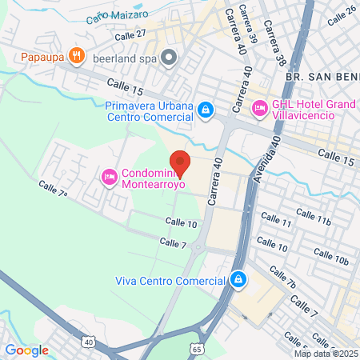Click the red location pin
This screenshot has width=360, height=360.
pos(180,163)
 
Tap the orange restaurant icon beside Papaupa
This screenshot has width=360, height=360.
pos(77,55)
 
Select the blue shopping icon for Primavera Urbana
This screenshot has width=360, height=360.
pos(206,108)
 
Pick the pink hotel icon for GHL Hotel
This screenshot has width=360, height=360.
pos(259,107)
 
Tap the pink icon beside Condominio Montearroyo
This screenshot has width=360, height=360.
pos(110,176)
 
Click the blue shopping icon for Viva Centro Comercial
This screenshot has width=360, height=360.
pos(238,279)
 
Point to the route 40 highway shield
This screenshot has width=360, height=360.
pos(87,342)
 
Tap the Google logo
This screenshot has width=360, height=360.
pos(26,350)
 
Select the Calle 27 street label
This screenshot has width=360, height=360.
pos(130,34)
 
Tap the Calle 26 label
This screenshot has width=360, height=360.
pos(341,14)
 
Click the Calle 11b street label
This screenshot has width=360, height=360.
pos(313,217)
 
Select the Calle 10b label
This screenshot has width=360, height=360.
pos(330,257)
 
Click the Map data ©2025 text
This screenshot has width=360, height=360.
pos(325,354)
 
